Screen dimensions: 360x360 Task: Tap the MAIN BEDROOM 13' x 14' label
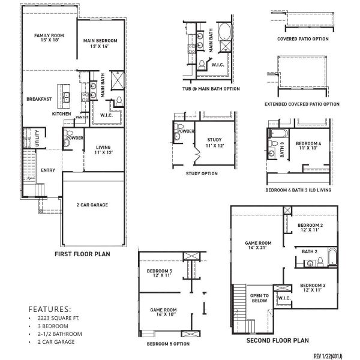pyautogui.click(x=100, y=43)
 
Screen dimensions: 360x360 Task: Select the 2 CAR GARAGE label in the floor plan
pyautogui.click(x=92, y=205)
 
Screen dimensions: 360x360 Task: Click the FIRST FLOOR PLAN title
pyautogui.click(x=82, y=254)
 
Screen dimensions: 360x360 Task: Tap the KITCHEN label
pyautogui.click(x=61, y=114)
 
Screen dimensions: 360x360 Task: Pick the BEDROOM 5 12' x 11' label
pyautogui.click(x=160, y=274)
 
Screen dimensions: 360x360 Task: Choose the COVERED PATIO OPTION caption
pyautogui.click(x=303, y=39)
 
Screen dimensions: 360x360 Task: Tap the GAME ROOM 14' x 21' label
pyautogui.click(x=259, y=246)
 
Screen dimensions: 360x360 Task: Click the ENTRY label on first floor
pyautogui.click(x=48, y=170)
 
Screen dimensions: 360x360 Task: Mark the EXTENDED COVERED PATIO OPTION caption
pyautogui.click(x=302, y=104)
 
